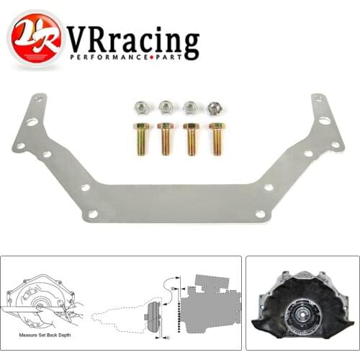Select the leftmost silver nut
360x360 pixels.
point(141,108)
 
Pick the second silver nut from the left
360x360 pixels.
point(166,108)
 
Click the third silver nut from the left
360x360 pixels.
point(189,108)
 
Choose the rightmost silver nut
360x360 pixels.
point(214,108)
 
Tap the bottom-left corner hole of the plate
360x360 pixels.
point(92,214)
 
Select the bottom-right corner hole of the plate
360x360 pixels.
point(267,214)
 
